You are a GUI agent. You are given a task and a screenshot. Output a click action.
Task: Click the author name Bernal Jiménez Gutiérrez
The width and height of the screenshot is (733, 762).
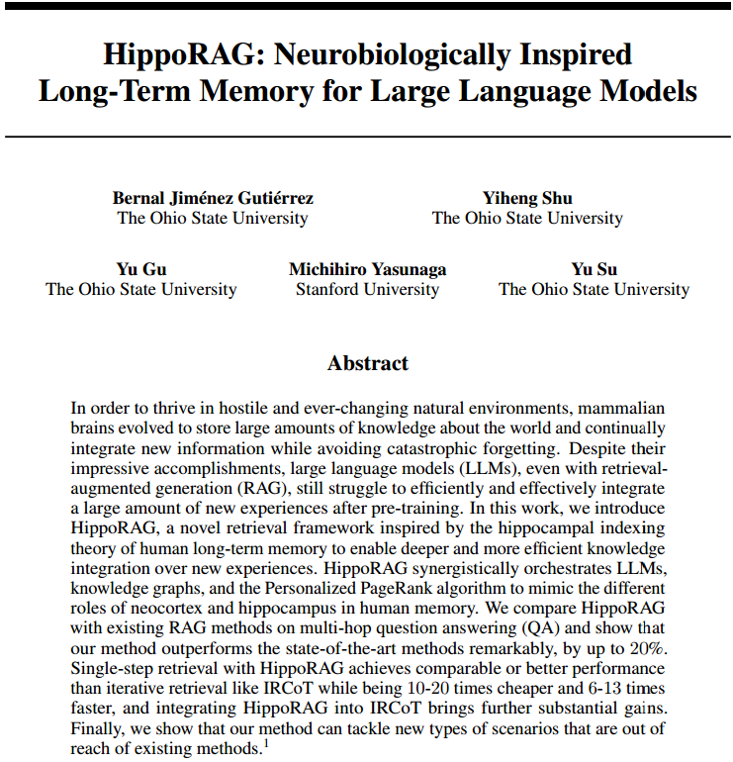(x=213, y=198)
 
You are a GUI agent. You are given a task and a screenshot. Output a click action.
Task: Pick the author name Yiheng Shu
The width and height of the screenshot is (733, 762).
(x=527, y=198)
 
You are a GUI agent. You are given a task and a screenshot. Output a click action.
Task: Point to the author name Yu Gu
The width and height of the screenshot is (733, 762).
(x=140, y=269)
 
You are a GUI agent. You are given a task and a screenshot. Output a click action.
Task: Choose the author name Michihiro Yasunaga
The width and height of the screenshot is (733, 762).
(x=367, y=269)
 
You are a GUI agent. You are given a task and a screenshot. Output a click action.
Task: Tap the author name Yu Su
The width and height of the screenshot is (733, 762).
(x=594, y=269)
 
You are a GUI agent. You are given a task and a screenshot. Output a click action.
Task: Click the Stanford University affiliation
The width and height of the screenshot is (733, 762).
(x=367, y=289)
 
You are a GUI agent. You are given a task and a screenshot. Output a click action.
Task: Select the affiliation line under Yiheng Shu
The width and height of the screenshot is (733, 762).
(x=527, y=218)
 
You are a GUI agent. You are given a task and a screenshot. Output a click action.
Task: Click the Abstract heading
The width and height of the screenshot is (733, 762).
(x=367, y=363)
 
